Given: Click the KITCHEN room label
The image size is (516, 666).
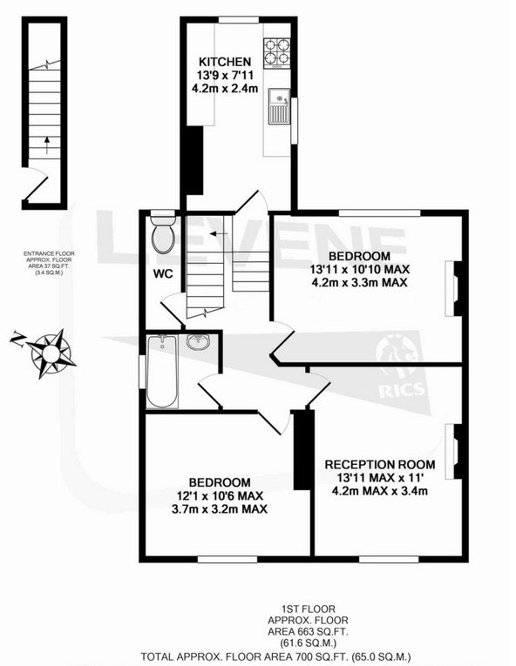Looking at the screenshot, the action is [225, 62].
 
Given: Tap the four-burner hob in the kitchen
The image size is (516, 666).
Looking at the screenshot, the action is [277, 53].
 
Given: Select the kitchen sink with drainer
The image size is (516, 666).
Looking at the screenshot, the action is [279, 105].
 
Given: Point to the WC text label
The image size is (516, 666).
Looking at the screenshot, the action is [163, 274].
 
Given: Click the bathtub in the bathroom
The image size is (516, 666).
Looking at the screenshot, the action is [162, 371].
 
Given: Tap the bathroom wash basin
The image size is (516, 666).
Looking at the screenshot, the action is [198, 341].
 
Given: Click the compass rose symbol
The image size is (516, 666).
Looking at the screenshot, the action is [51, 353].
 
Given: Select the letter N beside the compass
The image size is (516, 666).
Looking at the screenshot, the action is [17, 339].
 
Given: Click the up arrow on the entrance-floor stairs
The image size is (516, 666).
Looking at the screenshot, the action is [47, 145].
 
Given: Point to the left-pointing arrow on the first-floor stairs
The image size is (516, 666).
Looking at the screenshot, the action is [219, 233].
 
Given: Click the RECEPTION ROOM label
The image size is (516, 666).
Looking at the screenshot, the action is [380, 464].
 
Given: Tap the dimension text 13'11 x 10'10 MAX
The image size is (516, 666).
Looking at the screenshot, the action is [359, 269].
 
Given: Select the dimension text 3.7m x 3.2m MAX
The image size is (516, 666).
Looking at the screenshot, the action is [220, 508].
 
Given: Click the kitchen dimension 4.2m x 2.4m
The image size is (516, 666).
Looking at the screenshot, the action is [225, 89].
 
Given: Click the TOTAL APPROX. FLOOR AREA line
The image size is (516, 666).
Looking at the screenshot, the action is [275, 656].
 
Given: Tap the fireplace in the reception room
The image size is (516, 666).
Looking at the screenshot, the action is [453, 452].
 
